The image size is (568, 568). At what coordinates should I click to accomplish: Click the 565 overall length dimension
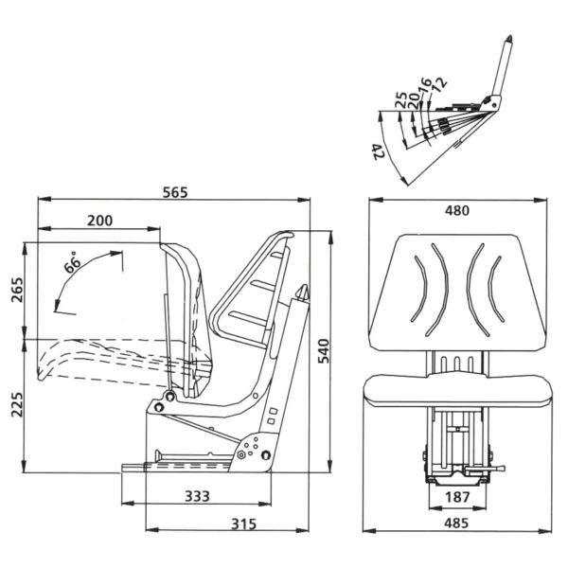(x=175, y=192)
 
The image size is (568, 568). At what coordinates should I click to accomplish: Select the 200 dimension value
(x=99, y=221)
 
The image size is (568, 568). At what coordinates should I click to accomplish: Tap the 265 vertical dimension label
(x=17, y=290)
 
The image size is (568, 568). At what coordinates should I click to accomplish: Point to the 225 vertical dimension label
(x=17, y=404)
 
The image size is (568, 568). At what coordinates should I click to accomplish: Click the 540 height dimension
(x=323, y=350)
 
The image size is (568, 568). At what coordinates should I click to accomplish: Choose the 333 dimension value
(x=197, y=496)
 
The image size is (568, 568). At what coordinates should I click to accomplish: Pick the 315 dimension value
(x=244, y=524)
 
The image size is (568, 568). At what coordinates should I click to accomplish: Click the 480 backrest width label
(x=457, y=210)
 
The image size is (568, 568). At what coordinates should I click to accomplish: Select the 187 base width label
(x=457, y=497)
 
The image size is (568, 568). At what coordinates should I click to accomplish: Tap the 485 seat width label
(x=456, y=524)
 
